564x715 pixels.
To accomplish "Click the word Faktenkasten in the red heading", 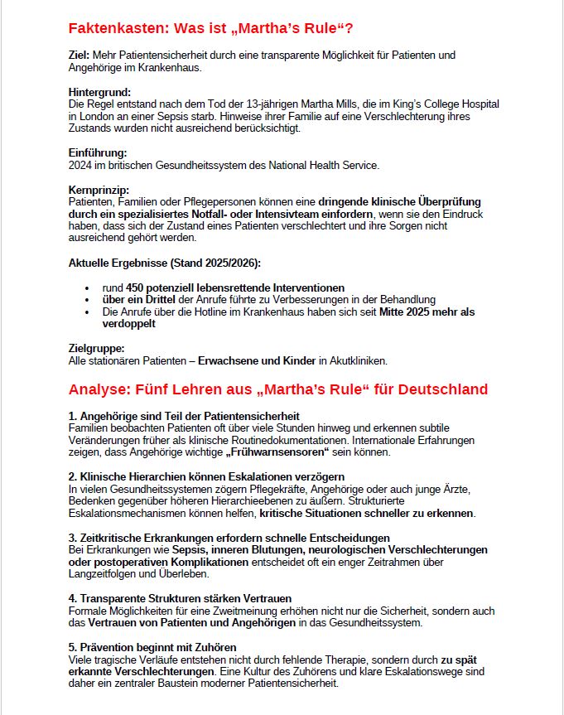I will [x=118, y=29].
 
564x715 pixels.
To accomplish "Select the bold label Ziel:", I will [x=80, y=55].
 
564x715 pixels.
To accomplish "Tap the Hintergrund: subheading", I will [x=99, y=92].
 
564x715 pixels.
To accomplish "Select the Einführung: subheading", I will [x=97, y=152].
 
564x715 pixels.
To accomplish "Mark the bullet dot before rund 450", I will [x=87, y=287].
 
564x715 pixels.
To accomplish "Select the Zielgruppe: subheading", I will [x=96, y=348].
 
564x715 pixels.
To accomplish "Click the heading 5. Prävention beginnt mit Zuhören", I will [x=152, y=646].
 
